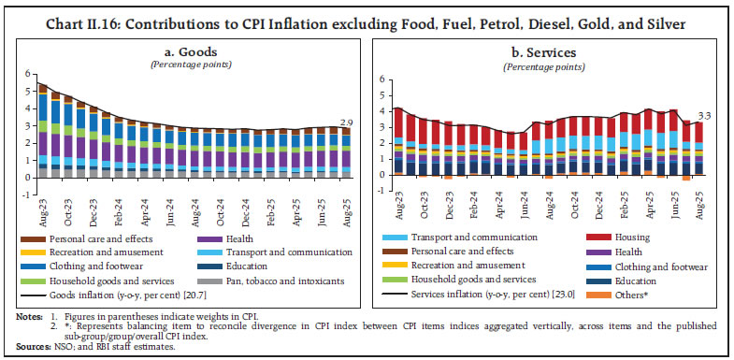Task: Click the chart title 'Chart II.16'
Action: (x=71, y=12)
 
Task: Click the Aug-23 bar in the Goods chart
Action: (x=42, y=131)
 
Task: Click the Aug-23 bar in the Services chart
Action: (x=397, y=140)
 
